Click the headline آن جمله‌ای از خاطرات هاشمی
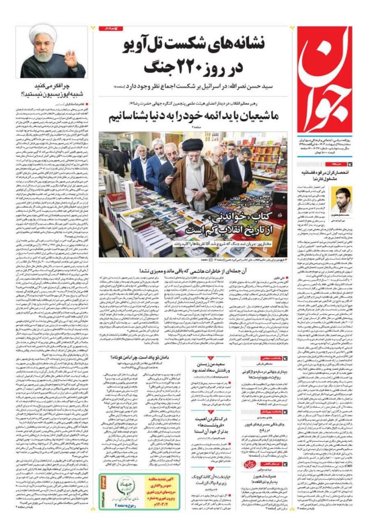coord(205,270)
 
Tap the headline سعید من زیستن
coord(208,365)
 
